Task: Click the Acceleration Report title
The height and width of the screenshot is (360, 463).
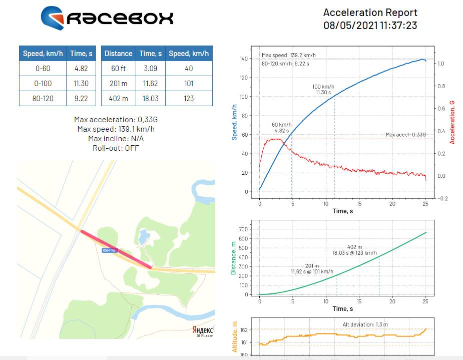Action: tap(370, 13)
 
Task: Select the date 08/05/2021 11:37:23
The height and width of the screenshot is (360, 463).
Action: tap(370, 25)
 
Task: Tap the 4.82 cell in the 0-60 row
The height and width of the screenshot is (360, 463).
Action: tap(81, 68)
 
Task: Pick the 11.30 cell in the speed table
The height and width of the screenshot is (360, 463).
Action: tap(81, 83)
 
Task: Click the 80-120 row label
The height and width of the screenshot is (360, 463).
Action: tap(43, 98)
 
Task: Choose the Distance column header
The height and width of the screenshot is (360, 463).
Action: tap(118, 54)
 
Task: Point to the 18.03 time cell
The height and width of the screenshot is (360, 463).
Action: tap(150, 98)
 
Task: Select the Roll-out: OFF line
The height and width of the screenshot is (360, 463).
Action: tap(116, 148)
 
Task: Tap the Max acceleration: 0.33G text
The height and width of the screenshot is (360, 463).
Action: tap(116, 119)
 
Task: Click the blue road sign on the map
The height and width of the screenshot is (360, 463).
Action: tap(109, 250)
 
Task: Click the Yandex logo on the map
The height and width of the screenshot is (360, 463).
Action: tap(203, 329)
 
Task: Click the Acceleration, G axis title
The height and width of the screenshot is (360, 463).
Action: tap(452, 122)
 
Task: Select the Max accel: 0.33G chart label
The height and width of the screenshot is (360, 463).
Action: tap(405, 134)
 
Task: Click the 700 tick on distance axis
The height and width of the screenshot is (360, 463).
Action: tap(244, 229)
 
